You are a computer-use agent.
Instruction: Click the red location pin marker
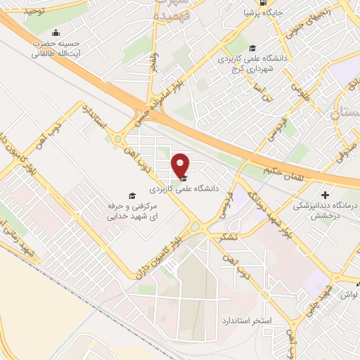point(181,165)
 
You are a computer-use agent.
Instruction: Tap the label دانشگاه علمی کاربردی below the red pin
point(184,190)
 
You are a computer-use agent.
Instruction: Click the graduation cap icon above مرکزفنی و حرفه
point(131,195)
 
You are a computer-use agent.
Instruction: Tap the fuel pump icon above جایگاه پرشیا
point(263,1)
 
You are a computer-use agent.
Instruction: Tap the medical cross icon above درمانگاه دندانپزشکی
point(325,195)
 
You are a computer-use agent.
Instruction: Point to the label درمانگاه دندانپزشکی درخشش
point(325,210)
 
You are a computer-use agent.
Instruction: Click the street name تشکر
point(228,239)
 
